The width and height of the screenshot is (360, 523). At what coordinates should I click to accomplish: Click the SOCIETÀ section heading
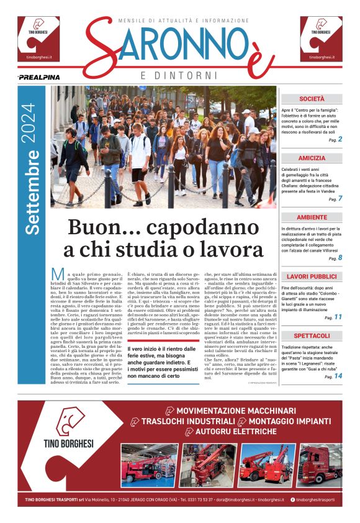[x=312, y=99]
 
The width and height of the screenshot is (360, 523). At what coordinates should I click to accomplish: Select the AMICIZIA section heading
[x=312, y=158]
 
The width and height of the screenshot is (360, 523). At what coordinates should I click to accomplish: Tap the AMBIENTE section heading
[x=312, y=217]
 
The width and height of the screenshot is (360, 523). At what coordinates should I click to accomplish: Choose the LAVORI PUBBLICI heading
[x=312, y=276]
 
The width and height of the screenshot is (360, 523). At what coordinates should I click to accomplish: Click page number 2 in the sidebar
[x=340, y=140]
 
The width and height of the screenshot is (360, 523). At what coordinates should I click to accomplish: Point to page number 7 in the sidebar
[x=340, y=199]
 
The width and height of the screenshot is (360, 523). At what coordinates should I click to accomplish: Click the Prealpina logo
[x=39, y=77]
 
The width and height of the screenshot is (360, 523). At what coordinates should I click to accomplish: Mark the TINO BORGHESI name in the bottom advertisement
[x=68, y=443]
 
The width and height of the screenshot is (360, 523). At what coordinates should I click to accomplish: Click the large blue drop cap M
[x=58, y=275]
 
